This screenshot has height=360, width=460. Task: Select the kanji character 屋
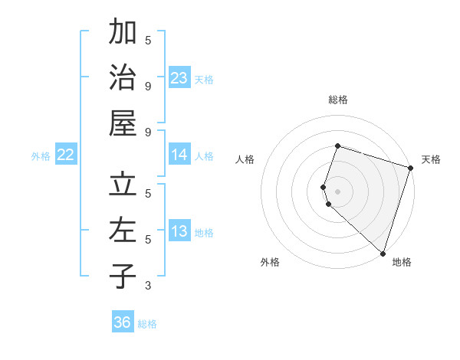point(123,123)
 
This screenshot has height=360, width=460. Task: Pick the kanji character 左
point(123,231)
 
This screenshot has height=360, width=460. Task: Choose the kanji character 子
point(123,277)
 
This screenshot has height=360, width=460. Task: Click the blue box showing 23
point(179,77)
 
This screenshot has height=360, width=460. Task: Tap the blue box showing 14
point(179,155)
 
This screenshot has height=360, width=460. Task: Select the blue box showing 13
point(179,231)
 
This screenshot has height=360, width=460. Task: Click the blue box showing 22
point(66,155)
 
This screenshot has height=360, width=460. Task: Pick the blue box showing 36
point(123,322)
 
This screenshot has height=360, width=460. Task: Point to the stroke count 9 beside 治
point(148,86)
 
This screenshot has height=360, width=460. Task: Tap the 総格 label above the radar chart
point(338,100)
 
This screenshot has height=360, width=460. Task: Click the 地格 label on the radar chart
point(402,262)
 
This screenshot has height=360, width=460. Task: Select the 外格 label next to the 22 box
point(41,156)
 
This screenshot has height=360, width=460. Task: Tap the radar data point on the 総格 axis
point(337,146)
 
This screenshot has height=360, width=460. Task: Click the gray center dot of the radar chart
point(337,190)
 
